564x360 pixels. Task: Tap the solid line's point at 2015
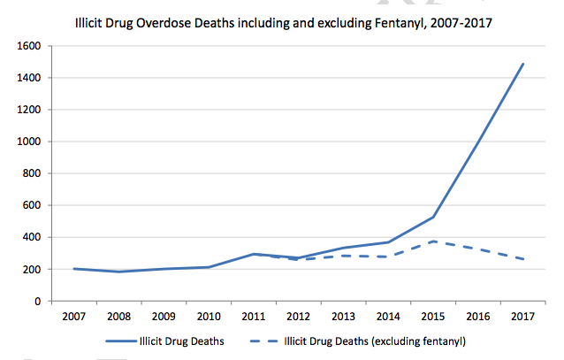click(x=434, y=217)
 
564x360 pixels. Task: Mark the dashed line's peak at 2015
click(x=434, y=241)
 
